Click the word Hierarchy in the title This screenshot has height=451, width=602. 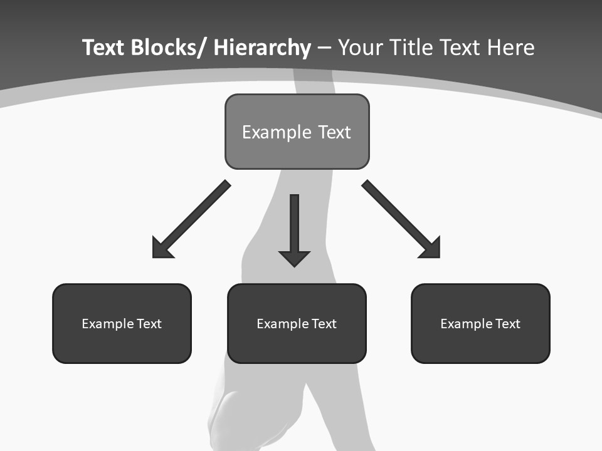262,48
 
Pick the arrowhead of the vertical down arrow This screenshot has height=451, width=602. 294,257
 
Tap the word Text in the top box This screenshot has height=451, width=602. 334,132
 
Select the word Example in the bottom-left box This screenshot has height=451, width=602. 107,324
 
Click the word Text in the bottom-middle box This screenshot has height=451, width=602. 324,324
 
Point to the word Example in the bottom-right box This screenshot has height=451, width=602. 466,324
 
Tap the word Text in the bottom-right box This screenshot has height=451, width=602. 507,324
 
